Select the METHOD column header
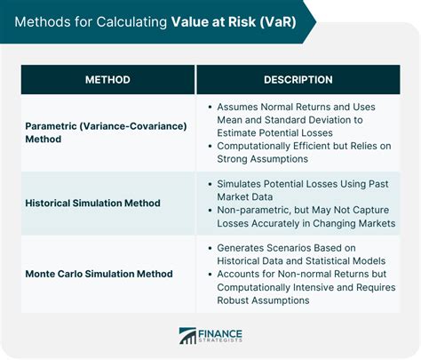(x=107, y=80)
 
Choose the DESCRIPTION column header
(x=298, y=80)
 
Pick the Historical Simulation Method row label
(x=93, y=204)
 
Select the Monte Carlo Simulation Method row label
(x=99, y=274)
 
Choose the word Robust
(x=235, y=300)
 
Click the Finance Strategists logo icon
(x=187, y=336)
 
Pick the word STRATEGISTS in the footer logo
(x=222, y=341)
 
